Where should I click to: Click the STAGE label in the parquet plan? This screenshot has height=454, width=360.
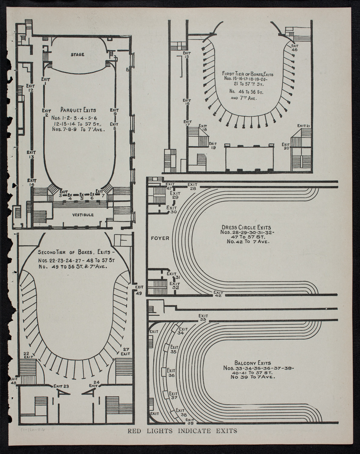click(x=78, y=55)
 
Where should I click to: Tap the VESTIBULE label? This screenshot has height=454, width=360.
click(x=83, y=215)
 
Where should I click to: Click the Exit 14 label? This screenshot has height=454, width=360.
click(x=31, y=182)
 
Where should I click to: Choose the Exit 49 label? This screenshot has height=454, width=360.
click(x=139, y=290)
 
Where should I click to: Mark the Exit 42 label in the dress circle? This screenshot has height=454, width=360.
click(x=218, y=294)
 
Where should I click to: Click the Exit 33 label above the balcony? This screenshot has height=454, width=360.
click(x=203, y=317)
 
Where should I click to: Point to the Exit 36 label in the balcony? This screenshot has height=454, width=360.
click(x=171, y=373)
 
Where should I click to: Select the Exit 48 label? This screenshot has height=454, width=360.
click(x=14, y=380)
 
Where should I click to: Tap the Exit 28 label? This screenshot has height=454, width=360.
click(x=192, y=186)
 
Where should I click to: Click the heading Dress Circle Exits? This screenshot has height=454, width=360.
click(x=246, y=227)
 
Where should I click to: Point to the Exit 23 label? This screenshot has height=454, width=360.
click(x=62, y=386)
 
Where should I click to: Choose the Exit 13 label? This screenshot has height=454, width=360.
click(x=31, y=155)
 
